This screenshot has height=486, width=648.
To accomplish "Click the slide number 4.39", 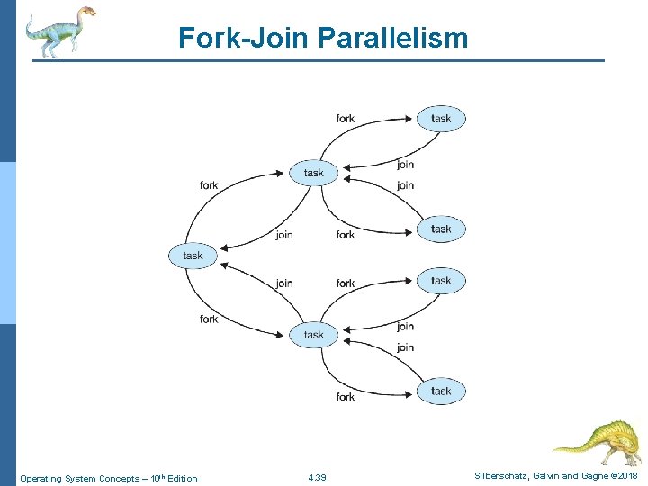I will coord(317,477).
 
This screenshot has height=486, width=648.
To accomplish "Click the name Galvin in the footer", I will coord(549,475).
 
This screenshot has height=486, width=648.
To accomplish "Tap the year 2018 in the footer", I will coord(627,475).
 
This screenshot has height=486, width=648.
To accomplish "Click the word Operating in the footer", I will coord(40,477).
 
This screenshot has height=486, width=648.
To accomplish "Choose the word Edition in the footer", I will coord(182,477).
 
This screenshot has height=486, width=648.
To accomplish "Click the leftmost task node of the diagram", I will coord(193,256).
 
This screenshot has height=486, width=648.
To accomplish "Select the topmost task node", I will coord(441,119).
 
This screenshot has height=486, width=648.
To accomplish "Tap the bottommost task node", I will coord(441,391).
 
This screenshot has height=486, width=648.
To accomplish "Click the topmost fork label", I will coord(346,118).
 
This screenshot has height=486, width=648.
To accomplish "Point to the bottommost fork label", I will coord(346,396).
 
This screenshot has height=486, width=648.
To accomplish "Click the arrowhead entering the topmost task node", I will coord(415,118).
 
